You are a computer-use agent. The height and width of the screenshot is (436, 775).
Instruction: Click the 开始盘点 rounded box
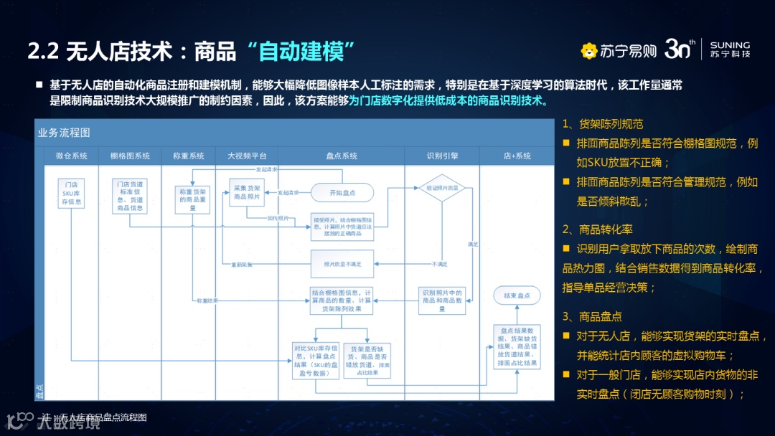point(342,193)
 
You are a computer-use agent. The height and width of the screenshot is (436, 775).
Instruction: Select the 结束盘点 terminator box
point(516,295)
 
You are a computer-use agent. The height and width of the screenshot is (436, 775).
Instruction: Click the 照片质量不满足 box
point(342,264)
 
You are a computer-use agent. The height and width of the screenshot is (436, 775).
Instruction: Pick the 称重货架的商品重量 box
point(192,199)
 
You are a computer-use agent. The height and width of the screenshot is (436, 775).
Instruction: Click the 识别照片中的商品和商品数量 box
point(442,300)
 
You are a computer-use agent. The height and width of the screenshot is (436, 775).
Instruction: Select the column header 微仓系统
point(72,156)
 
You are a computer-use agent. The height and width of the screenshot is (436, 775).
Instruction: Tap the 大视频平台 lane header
point(247,156)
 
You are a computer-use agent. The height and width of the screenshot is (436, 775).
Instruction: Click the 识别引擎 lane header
point(442,156)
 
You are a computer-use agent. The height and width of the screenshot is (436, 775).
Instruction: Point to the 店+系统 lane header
point(516,156)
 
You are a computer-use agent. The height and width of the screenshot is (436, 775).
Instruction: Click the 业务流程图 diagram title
point(65,133)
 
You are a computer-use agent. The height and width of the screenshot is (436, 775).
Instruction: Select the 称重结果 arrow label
point(207,300)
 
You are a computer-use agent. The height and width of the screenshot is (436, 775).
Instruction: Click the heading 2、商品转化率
point(597,229)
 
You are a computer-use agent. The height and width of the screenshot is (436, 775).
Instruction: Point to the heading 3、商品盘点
point(592,316)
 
